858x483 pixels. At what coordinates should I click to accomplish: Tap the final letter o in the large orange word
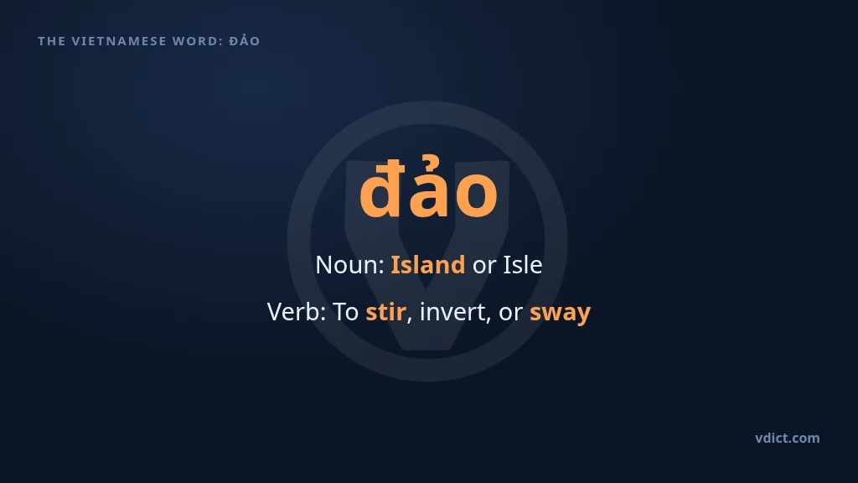[x=476, y=195]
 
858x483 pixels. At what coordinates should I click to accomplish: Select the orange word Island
[x=428, y=265]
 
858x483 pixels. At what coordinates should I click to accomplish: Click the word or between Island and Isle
[x=484, y=266]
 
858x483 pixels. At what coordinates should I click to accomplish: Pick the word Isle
[x=523, y=265]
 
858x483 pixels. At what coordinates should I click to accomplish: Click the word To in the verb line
[x=346, y=312]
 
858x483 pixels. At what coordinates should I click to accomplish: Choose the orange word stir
[x=385, y=312]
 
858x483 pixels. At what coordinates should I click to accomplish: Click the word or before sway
[x=510, y=314]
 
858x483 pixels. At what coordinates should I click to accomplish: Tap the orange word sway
[x=561, y=314]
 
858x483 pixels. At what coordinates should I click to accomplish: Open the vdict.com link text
[x=788, y=438]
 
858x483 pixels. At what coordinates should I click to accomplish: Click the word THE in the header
[x=51, y=41]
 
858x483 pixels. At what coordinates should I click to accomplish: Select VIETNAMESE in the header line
[x=119, y=41]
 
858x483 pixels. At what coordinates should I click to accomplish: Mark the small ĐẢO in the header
[x=245, y=40]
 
